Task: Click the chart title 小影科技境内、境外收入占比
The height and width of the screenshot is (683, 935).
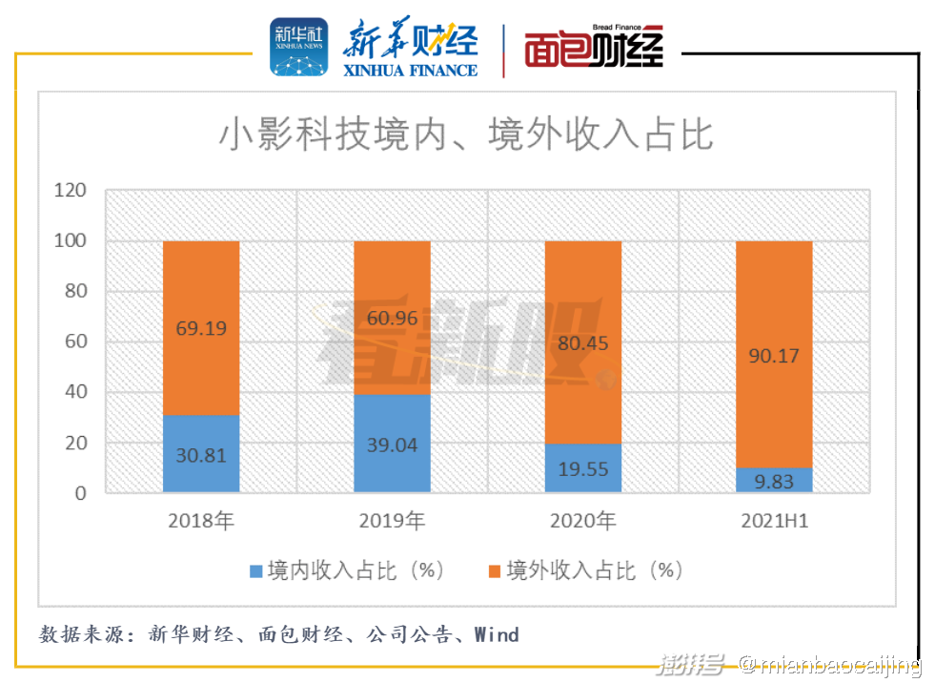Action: (466, 135)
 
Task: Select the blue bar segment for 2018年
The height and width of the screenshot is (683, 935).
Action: (201, 453)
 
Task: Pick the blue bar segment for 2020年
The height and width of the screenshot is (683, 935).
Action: (582, 468)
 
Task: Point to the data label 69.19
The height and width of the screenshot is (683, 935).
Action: (201, 328)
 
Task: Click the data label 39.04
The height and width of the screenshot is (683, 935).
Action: (392, 445)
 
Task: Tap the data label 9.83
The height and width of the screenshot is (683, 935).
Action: (774, 481)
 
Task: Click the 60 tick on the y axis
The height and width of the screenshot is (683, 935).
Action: (74, 341)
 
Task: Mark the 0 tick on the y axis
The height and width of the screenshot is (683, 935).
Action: (80, 493)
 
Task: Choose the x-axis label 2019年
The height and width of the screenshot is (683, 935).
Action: (392, 521)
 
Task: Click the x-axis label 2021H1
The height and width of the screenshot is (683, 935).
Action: (774, 521)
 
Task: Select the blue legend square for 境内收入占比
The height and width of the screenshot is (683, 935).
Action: (255, 571)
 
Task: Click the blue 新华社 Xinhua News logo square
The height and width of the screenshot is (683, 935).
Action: (299, 47)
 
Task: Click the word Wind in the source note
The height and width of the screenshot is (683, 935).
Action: (497, 634)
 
